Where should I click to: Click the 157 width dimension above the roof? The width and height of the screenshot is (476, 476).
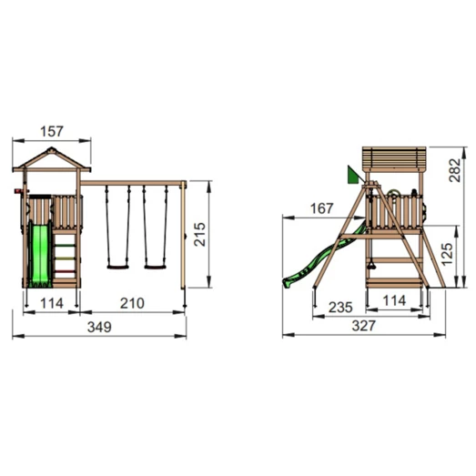(53, 132)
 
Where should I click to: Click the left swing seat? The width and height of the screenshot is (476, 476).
(116, 266)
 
